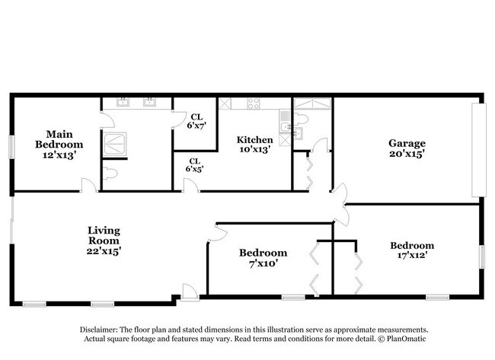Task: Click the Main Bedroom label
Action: pos(59,139)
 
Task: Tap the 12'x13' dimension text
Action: pos(59,154)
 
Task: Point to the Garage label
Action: pos(407,142)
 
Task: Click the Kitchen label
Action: pos(254,139)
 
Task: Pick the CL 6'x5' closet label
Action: pos(194,165)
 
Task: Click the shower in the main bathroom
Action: pos(115,143)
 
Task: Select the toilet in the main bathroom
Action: pos(111,174)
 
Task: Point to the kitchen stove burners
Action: pos(254,104)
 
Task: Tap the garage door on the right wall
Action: pos(478,150)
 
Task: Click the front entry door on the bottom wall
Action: pos(190,292)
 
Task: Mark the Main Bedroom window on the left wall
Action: pos(11,147)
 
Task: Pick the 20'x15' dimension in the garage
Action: pos(407,153)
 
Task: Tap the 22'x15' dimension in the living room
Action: pos(104,250)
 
